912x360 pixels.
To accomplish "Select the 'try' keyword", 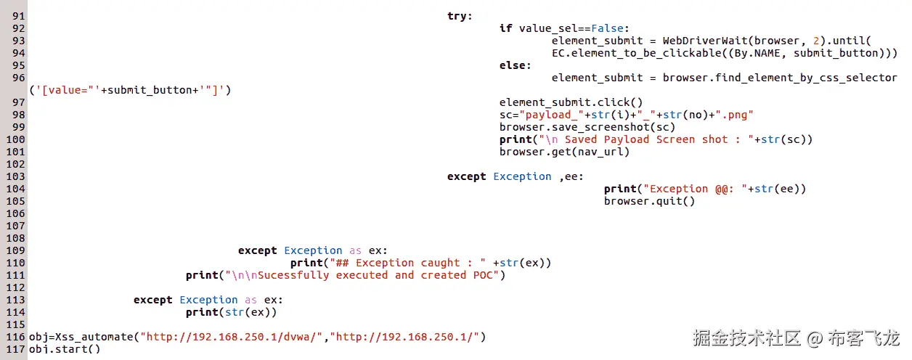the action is coord(459,16).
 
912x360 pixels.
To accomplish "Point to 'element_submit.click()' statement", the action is coord(571,102).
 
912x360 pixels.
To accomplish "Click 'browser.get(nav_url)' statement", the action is coord(564,152).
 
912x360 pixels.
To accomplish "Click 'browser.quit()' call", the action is coord(649,201).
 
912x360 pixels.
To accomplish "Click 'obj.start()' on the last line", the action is coord(64,349).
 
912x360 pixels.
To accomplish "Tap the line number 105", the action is coord(16,201).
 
